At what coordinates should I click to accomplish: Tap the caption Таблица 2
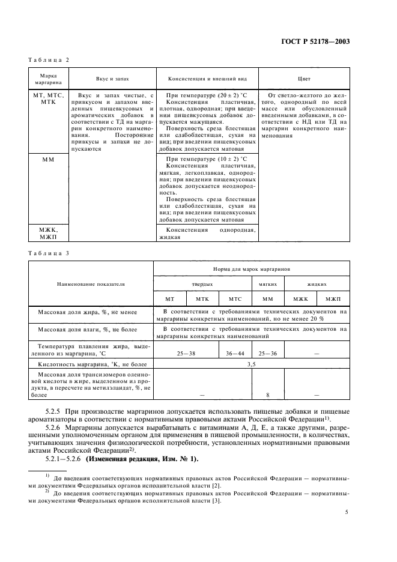50,60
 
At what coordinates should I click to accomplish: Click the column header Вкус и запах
112,79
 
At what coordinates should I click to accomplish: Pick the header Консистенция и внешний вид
207,79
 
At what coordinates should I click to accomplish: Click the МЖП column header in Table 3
333,298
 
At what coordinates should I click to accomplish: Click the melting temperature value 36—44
234,354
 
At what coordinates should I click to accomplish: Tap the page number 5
347,512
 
